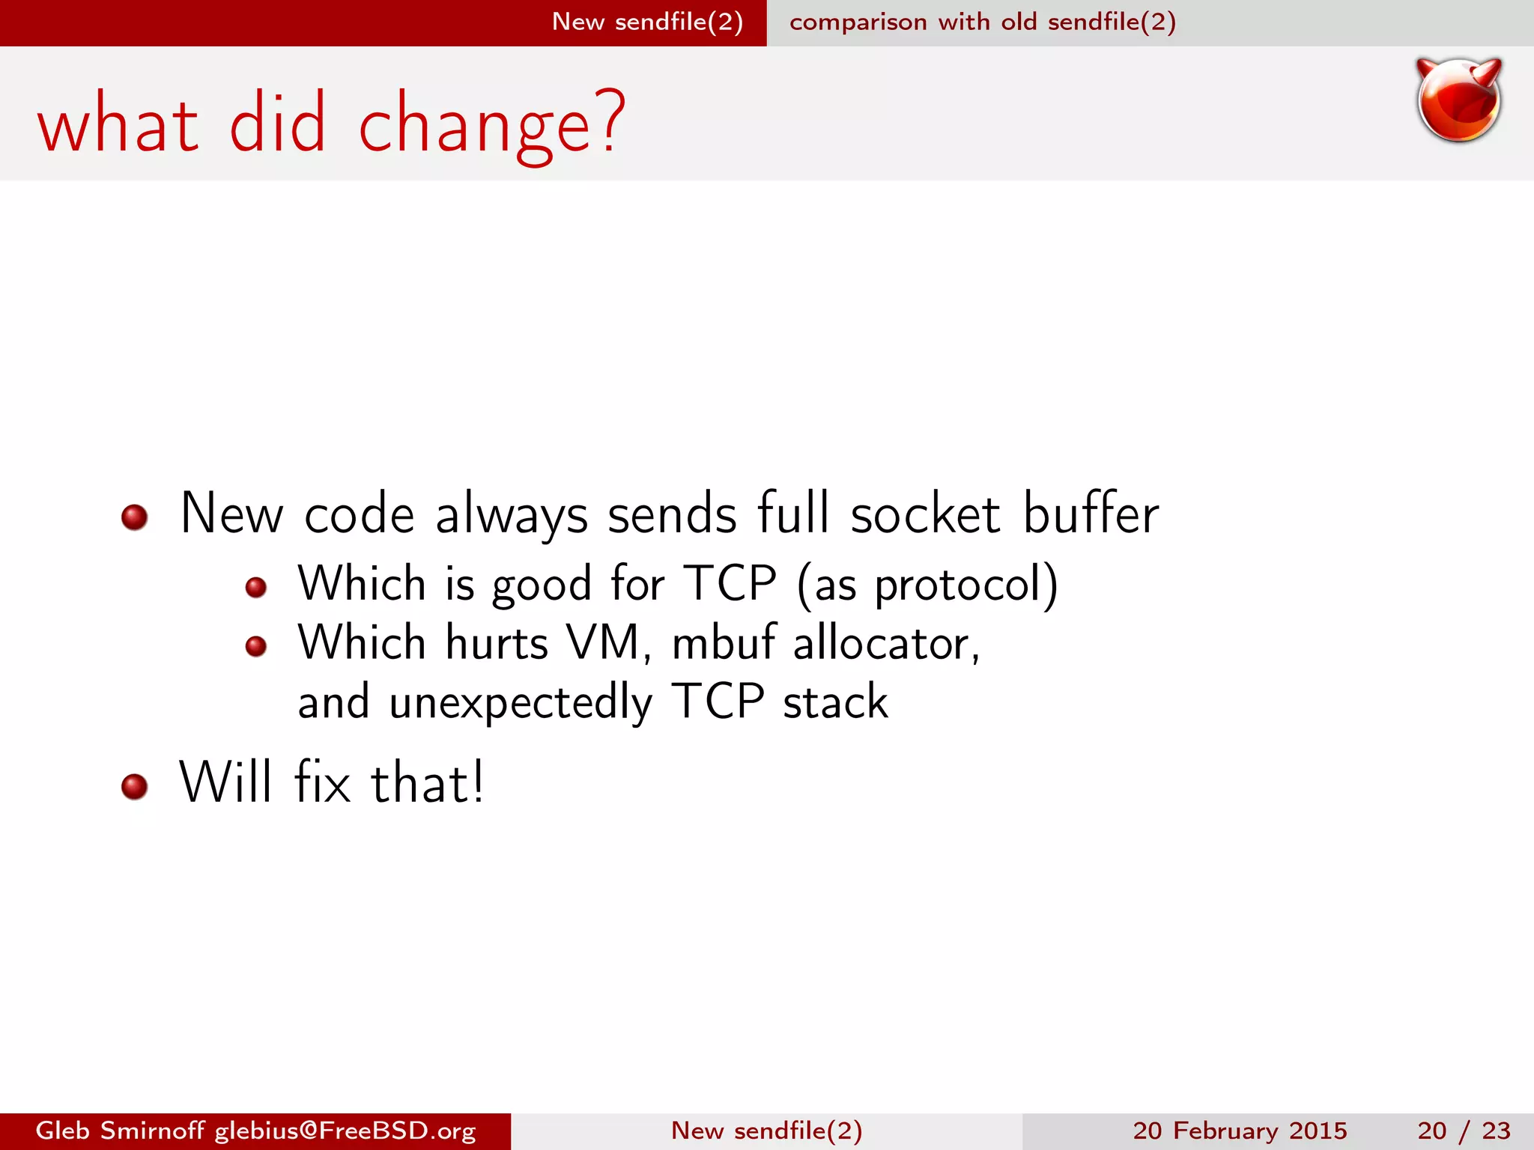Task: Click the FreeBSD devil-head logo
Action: pos(1458,100)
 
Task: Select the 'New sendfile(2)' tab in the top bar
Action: pos(647,22)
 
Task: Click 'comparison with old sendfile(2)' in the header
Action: pos(982,22)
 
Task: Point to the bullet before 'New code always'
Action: pos(134,517)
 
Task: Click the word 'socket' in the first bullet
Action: pos(925,514)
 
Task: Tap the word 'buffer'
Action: pos(1091,514)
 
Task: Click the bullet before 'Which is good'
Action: pos(256,587)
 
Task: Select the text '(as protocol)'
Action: pos(927,585)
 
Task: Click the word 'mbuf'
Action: pos(724,643)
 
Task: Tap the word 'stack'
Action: pos(835,702)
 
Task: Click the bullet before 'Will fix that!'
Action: pos(134,786)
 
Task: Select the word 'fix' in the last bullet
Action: pos(322,783)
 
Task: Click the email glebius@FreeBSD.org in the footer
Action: pos(345,1131)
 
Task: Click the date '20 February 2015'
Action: pos(1240,1131)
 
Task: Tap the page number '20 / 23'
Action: pos(1464,1131)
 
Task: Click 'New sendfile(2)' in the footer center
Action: pos(766,1131)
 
